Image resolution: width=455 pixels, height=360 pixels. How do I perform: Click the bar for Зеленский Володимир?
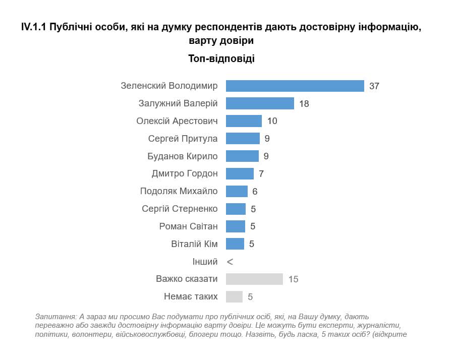point(295,86)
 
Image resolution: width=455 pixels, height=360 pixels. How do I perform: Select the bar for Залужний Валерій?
point(260,103)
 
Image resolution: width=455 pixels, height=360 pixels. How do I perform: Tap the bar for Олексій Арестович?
point(244,121)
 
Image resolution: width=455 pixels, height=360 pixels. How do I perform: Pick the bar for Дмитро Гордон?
point(240,173)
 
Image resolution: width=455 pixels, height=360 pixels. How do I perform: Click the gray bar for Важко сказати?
point(254,279)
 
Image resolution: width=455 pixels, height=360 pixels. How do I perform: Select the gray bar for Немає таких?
point(234,296)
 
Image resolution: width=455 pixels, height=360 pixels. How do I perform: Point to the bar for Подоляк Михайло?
point(237,191)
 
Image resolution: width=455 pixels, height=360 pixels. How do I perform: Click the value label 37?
point(374,86)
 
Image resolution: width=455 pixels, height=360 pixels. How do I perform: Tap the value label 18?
point(303,104)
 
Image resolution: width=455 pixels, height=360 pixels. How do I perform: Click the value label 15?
point(293,279)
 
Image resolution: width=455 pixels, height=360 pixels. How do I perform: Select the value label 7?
point(261,174)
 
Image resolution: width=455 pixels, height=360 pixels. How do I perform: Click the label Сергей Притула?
point(183,139)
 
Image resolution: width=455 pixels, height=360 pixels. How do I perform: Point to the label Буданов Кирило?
point(183,156)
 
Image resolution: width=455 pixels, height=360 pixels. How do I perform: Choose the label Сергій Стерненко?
point(180,209)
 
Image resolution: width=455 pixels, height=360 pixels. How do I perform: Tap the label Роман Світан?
point(189,226)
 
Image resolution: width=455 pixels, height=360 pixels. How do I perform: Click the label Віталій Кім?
point(195,244)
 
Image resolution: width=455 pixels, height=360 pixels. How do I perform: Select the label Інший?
point(205,262)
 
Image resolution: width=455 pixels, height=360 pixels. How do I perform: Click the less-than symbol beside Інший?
point(230,262)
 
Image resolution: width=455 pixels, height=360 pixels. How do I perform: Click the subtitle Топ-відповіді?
point(221,58)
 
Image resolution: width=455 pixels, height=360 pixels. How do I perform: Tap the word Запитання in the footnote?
point(55,317)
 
